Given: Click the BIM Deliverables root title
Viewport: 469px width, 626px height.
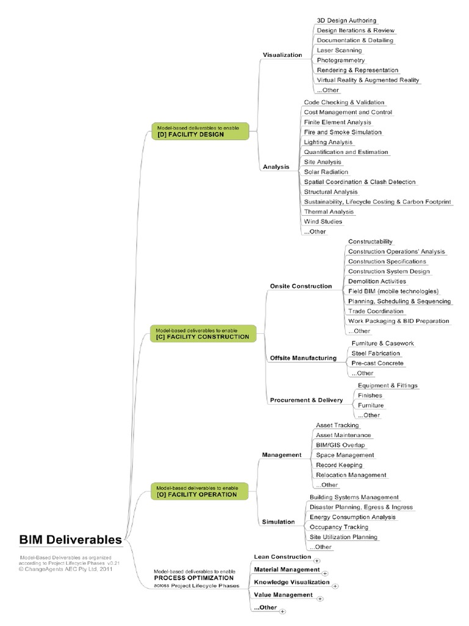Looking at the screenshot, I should point(70,540).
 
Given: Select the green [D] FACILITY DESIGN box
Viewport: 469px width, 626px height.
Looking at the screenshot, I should point(200,131).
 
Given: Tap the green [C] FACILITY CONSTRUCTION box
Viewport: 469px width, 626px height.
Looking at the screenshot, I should point(200,334).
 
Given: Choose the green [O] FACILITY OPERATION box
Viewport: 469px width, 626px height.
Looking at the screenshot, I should point(200,492).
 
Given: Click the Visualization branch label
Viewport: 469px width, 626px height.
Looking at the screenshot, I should point(282,55).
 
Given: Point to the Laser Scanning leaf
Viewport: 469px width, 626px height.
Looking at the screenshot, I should point(340,50).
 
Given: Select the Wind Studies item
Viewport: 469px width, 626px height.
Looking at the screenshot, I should point(323,221).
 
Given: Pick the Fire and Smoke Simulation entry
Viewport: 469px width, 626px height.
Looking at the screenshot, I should point(342,132).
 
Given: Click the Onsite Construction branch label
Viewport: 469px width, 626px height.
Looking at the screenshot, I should point(301,286).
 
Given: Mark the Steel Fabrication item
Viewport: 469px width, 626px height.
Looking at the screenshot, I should point(376,353).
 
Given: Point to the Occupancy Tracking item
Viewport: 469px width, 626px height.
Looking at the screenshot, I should point(339,527).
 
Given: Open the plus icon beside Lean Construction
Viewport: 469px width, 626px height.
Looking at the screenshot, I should point(317,560).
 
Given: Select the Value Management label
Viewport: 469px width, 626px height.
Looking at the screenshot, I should point(283,594).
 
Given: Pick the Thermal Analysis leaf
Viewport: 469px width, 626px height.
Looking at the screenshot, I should point(329,212).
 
